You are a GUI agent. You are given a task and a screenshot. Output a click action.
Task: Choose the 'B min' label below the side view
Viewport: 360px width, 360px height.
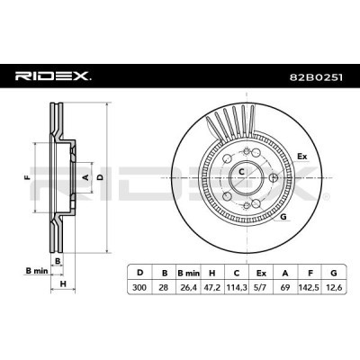click(x=33, y=269)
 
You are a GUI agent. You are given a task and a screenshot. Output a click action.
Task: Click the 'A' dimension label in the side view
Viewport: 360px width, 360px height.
click(x=86, y=177)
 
